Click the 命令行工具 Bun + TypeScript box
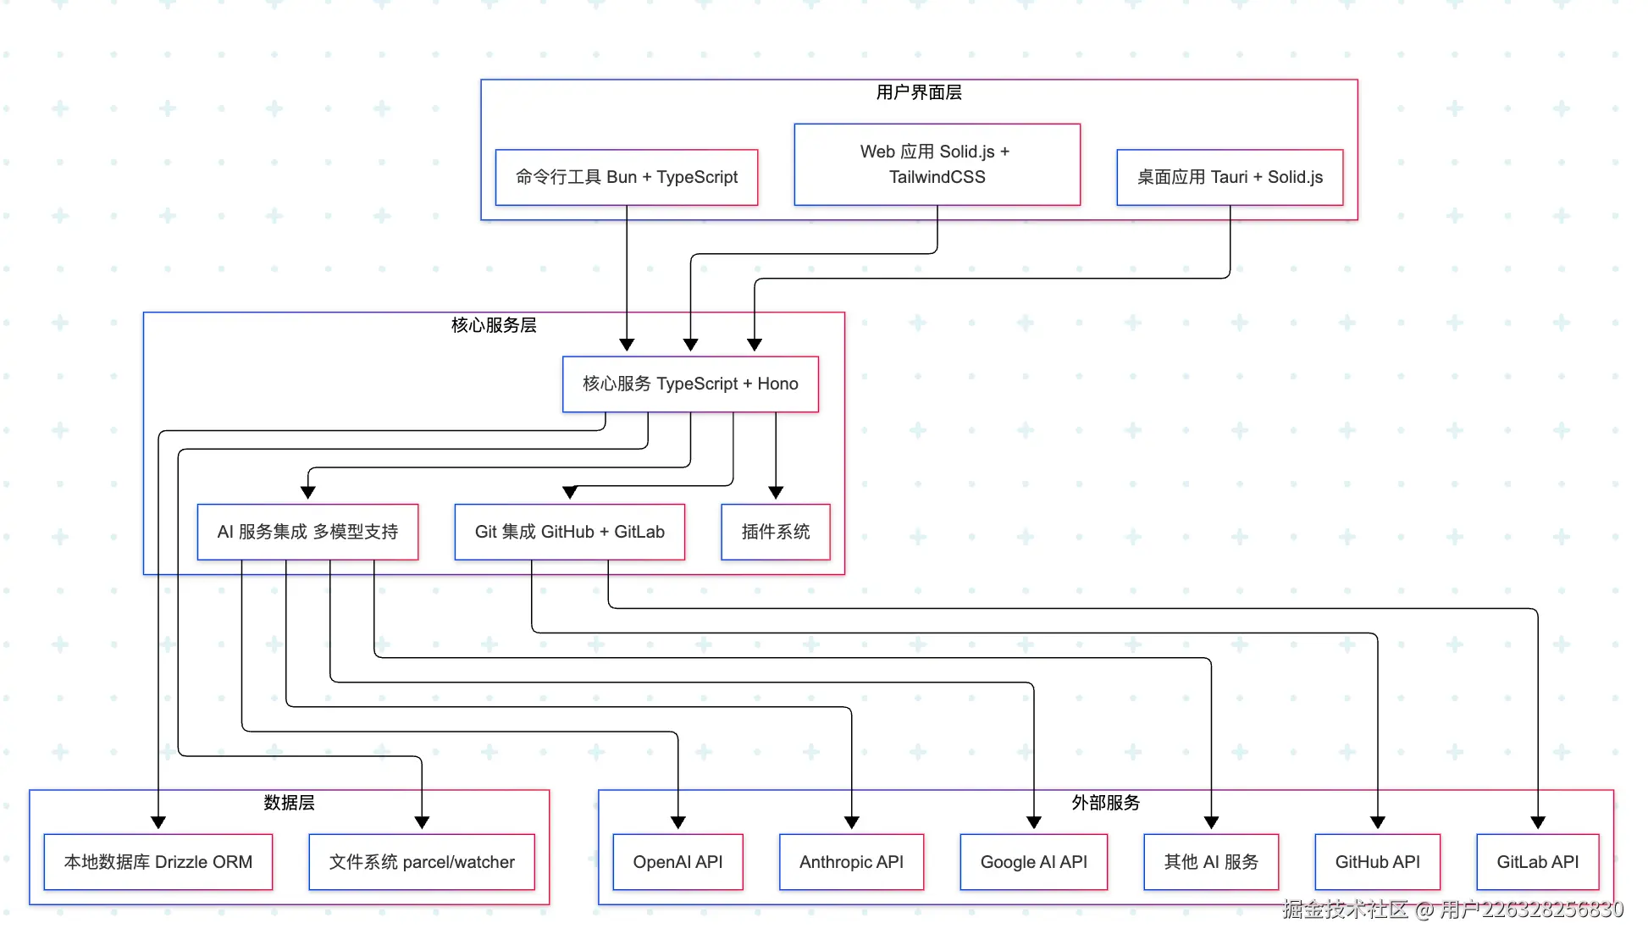(626, 177)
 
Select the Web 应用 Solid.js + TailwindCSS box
(937, 164)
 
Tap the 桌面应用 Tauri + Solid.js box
(1230, 177)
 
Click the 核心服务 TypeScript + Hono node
(690, 384)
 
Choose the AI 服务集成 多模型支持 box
(307, 532)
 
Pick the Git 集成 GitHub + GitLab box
(569, 532)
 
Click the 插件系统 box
(775, 532)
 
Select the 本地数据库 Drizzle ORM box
(158, 862)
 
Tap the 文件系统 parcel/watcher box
(422, 862)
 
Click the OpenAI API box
(677, 862)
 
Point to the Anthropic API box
(851, 862)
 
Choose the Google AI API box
(1033, 862)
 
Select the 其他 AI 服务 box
(1211, 862)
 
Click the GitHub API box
(1377, 862)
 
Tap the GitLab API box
(1537, 862)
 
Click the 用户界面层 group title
(919, 92)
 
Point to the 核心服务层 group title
(494, 325)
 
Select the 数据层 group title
(289, 803)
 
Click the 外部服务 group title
(1105, 803)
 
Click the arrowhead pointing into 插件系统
(776, 493)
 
